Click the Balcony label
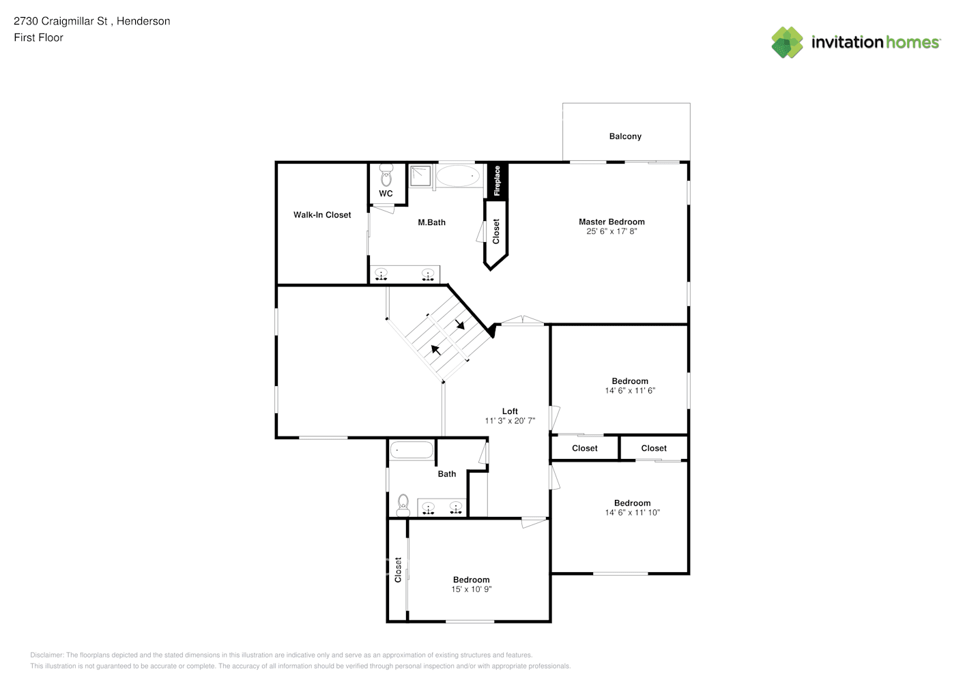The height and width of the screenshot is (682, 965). click(625, 136)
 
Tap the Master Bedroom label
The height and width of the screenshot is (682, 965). click(611, 222)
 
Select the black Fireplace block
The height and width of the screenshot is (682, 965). click(497, 181)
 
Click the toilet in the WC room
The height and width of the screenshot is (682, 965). click(386, 175)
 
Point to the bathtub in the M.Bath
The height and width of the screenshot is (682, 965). click(458, 175)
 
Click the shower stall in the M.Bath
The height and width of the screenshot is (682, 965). click(421, 175)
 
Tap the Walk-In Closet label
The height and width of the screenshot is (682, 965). click(322, 215)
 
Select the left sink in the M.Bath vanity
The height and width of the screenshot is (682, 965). click(381, 275)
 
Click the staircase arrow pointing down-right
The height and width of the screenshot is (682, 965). click(460, 324)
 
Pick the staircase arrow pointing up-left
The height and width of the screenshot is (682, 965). click(435, 350)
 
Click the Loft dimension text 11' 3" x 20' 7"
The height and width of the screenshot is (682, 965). click(510, 421)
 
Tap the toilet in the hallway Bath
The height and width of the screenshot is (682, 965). click(403, 505)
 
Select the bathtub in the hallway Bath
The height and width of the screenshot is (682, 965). click(411, 450)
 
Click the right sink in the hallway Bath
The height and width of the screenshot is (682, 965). click(455, 507)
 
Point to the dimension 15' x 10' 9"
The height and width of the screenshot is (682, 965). click(471, 589)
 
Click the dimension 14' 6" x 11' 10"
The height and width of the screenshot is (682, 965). click(632, 513)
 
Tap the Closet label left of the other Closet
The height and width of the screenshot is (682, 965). click(584, 448)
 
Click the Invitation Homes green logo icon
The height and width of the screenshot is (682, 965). click(787, 42)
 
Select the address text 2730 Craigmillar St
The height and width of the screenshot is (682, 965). click(61, 21)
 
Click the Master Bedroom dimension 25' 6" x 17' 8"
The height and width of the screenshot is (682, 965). click(611, 232)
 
